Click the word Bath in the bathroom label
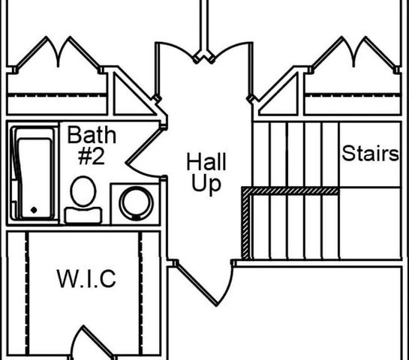pyautogui.click(x=92, y=135)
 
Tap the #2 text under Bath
pyautogui.click(x=92, y=156)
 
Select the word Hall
pyautogui.click(x=206, y=162)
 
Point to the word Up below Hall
pyautogui.click(x=206, y=184)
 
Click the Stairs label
pyautogui.click(x=371, y=153)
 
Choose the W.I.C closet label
pyautogui.click(x=86, y=279)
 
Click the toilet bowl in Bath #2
pyautogui.click(x=83, y=191)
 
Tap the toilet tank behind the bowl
pyautogui.click(x=83, y=215)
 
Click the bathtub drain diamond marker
pyautogui.click(x=34, y=210)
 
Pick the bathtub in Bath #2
pyautogui.click(x=33, y=173)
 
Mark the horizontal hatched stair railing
pyautogui.click(x=291, y=190)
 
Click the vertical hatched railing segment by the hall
pyautogui.click(x=246, y=223)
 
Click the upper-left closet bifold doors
pyautogui.click(x=58, y=53)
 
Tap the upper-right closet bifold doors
pyautogui.click(x=353, y=53)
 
